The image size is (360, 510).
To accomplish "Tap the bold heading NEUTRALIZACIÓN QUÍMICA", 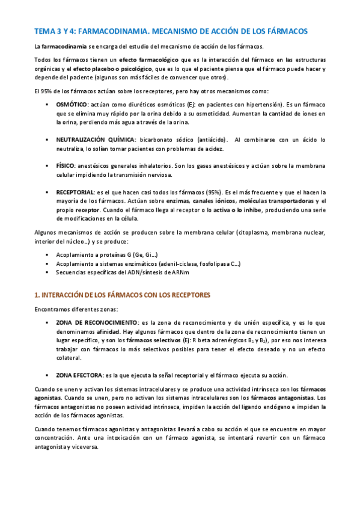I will pyautogui.click(x=96, y=140).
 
